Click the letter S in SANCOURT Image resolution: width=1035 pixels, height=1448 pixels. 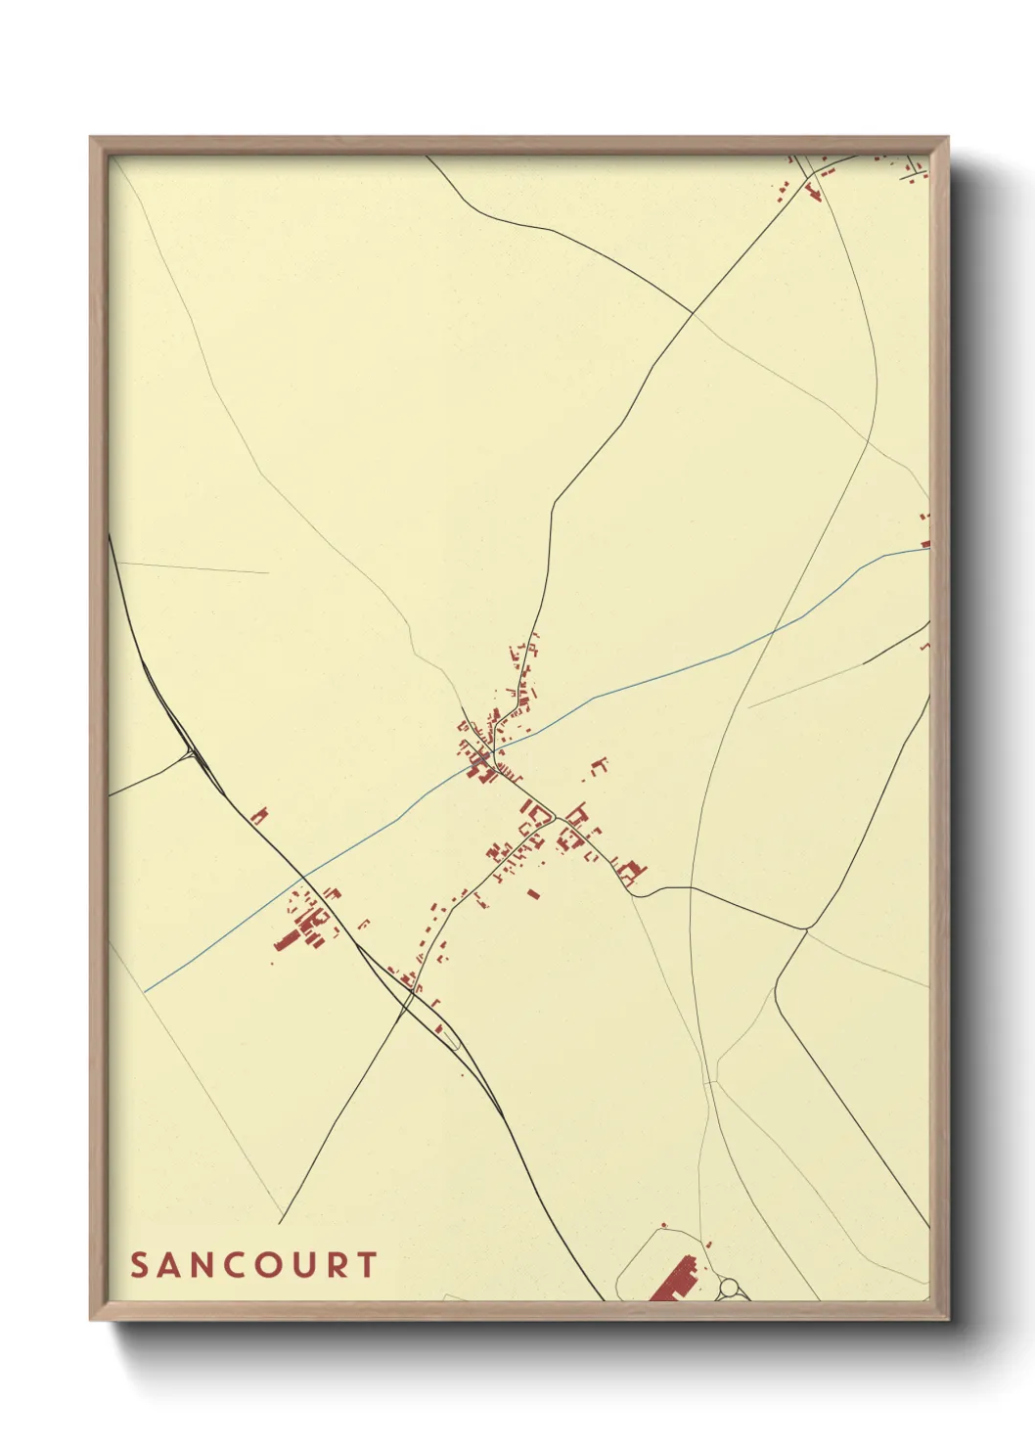click(139, 1265)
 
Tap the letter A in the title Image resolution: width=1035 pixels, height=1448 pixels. click(171, 1265)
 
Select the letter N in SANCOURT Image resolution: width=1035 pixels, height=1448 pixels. click(204, 1265)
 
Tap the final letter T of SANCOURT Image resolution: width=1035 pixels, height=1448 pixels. click(366, 1265)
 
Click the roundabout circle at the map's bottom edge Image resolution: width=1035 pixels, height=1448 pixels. click(730, 1289)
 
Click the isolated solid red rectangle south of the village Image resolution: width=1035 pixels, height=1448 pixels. click(533, 892)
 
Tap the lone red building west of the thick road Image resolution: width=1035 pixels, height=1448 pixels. click(259, 815)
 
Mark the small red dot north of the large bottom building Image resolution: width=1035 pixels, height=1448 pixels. click(664, 1224)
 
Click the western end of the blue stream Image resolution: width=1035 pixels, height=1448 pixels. click(146, 991)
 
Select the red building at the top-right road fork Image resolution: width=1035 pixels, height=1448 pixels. click(812, 190)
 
